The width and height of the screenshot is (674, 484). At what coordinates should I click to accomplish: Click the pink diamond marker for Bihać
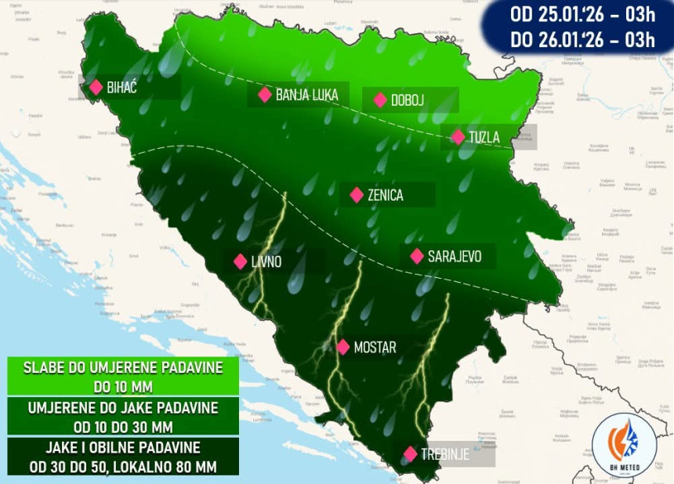[96, 87]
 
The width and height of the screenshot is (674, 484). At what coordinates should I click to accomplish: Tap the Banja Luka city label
[306, 95]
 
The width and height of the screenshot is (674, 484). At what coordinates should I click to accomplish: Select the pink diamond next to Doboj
[380, 99]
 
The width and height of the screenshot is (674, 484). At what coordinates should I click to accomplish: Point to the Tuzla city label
[484, 137]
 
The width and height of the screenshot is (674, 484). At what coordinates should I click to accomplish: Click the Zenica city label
[385, 195]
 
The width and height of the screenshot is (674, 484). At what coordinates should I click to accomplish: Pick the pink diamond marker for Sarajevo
[417, 256]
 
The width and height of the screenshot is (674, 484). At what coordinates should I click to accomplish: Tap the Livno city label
[266, 262]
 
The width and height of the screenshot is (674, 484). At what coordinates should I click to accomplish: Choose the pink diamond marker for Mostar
[342, 347]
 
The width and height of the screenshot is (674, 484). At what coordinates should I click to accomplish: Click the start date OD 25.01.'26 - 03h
[582, 14]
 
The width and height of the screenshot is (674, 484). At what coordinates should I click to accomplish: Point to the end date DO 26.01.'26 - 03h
[582, 39]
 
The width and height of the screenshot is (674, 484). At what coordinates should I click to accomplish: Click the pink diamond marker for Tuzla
[458, 137]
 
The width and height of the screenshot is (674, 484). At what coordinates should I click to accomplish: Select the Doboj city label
[408, 99]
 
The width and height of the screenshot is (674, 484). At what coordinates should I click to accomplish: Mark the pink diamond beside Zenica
[357, 195]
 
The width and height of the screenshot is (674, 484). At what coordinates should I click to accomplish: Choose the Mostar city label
[375, 347]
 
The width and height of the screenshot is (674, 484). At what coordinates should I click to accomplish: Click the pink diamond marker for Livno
[240, 262]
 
